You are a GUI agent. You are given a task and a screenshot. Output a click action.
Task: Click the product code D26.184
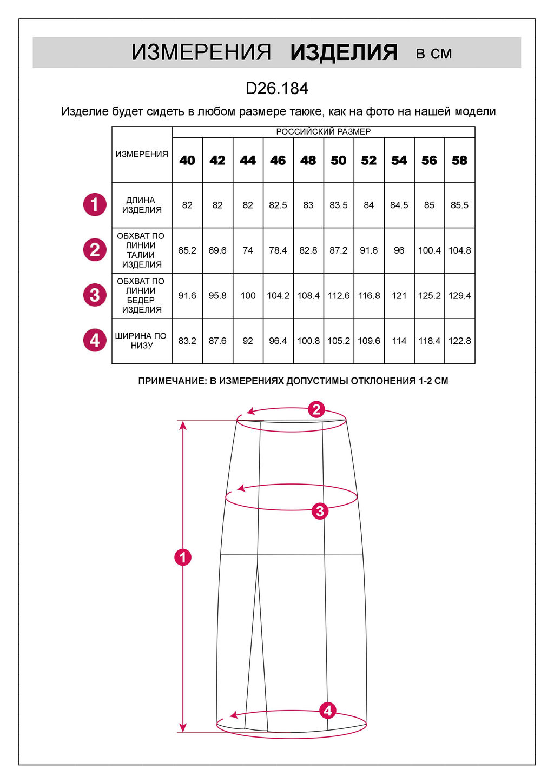tap(277, 88)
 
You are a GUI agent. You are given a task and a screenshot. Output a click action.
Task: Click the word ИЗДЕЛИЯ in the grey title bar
tap(344, 52)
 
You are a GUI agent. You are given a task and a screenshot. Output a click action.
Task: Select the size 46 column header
tap(278, 161)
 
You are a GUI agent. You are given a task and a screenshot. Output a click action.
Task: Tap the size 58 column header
tap(459, 161)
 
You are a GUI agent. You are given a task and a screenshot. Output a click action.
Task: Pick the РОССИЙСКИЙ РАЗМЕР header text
tap(324, 132)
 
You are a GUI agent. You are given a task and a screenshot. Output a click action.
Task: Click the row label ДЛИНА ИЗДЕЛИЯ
tap(142, 205)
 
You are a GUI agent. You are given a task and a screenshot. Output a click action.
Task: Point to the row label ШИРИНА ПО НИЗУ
tap(142, 341)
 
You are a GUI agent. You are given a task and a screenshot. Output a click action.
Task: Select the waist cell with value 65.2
tap(187, 250)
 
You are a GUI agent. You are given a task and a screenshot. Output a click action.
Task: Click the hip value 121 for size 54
tap(399, 296)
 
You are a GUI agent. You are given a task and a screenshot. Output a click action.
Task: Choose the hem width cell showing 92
tap(248, 341)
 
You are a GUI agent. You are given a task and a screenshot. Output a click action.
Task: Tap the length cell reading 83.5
tap(339, 205)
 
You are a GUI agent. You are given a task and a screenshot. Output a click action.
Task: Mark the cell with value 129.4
tap(459, 296)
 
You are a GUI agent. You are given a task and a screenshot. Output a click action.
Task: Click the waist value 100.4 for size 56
tap(430, 250)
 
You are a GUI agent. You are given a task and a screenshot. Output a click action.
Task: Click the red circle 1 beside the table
tap(95, 204)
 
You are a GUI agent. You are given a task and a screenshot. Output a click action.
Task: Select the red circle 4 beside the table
tap(95, 340)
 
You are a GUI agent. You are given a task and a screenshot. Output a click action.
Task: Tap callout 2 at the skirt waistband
tap(316, 409)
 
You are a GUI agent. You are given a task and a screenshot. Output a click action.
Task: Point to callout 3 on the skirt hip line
tap(320, 510)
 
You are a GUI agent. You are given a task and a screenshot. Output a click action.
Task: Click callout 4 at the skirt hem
tap(328, 711)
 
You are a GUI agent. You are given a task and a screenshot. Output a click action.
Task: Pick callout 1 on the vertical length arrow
tap(183, 557)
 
